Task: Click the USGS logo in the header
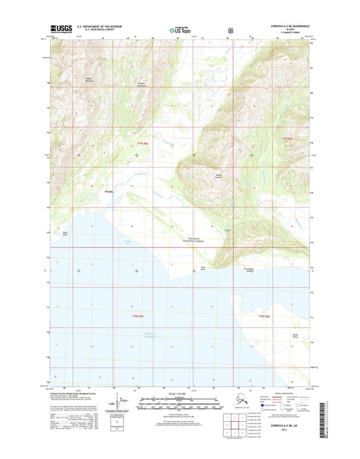[59, 30]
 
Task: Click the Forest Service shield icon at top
[231, 30]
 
